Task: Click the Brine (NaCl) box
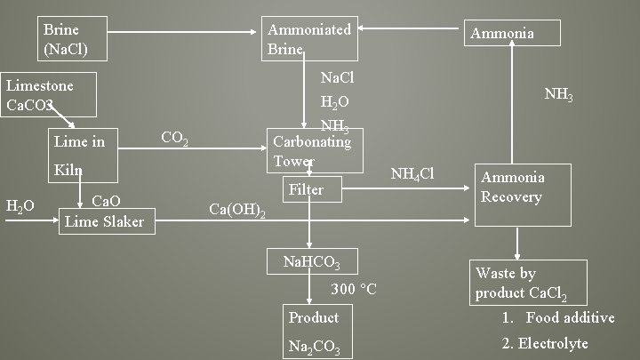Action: click(74, 38)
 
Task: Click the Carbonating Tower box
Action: click(314, 151)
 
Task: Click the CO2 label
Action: click(174, 138)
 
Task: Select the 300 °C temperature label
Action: click(354, 289)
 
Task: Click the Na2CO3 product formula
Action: click(315, 346)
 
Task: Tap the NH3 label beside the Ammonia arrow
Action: click(558, 93)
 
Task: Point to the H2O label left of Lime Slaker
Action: click(20, 206)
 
